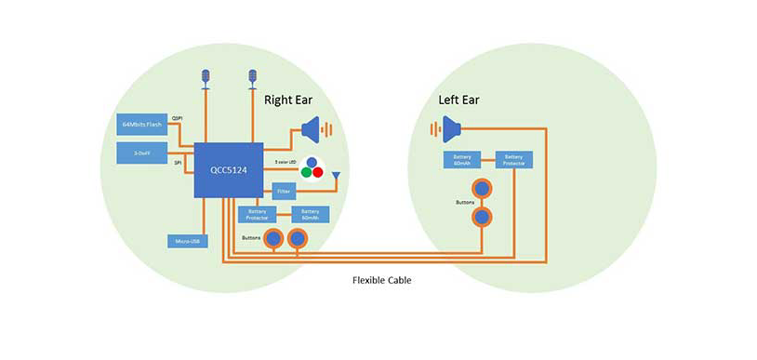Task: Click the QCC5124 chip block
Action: tap(228, 169)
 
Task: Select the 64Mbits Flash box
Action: tap(139, 125)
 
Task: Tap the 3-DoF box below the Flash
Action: tap(139, 153)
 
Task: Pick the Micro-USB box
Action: tap(186, 242)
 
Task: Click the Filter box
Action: tap(284, 193)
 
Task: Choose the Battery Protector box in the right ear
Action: tap(256, 214)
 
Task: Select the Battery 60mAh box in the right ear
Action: tap(310, 214)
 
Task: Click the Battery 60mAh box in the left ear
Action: tap(462, 160)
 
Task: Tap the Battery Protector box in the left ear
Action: tap(513, 160)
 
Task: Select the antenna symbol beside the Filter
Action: tap(336, 175)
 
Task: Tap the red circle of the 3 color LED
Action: tap(316, 172)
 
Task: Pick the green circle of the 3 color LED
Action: tap(301, 172)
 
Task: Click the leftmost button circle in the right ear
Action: tap(274, 238)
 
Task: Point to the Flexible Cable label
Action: tap(381, 280)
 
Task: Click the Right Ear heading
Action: tap(292, 100)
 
